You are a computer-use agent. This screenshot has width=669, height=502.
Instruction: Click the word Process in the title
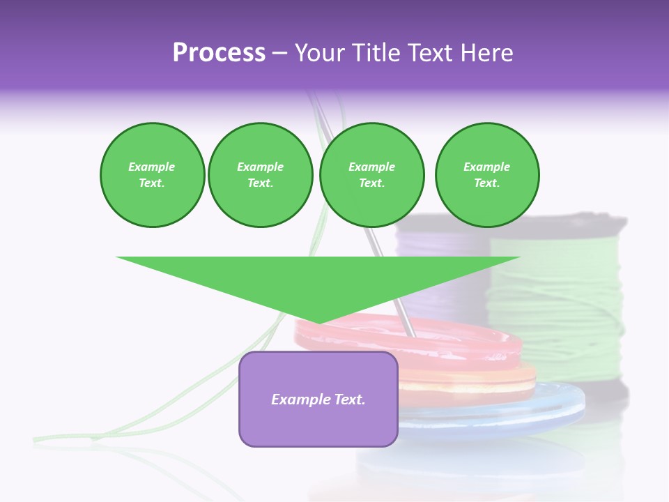(219, 53)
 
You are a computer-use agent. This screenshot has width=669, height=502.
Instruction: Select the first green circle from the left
(152, 175)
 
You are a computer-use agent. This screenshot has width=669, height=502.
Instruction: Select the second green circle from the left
(261, 175)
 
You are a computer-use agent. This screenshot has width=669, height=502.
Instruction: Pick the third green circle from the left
(371, 175)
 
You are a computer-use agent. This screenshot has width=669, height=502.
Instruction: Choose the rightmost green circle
(487, 175)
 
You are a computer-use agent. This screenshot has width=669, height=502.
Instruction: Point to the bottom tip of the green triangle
(319, 324)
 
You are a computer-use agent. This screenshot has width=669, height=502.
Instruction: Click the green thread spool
(557, 300)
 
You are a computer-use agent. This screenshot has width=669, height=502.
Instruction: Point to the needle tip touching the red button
(412, 335)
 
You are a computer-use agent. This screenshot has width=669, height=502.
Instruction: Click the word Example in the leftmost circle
(152, 167)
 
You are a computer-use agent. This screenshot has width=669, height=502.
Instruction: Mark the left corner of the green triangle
(117, 257)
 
